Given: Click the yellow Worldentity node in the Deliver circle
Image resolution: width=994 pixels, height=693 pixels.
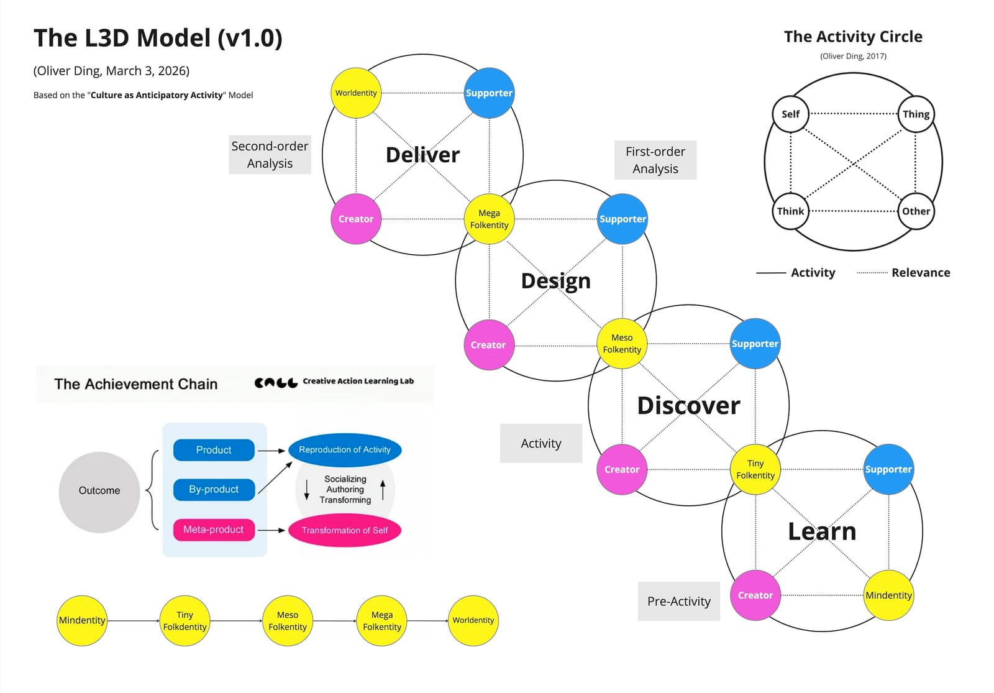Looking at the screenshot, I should pyautogui.click(x=356, y=93).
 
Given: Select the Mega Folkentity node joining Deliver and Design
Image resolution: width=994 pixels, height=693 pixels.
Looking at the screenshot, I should pyautogui.click(x=489, y=219).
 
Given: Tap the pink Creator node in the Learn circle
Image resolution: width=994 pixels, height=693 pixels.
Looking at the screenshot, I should pyautogui.click(x=755, y=595).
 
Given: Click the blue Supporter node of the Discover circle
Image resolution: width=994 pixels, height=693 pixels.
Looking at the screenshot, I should pyautogui.click(x=755, y=344).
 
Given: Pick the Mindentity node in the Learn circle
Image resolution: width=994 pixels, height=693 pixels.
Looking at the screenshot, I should pyautogui.click(x=888, y=595).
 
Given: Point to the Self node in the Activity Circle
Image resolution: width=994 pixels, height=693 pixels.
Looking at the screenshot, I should pyautogui.click(x=790, y=114).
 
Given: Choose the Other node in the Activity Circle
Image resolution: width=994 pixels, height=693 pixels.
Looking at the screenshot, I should pyautogui.click(x=916, y=211).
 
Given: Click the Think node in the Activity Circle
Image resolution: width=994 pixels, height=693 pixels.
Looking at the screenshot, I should pyautogui.click(x=790, y=211).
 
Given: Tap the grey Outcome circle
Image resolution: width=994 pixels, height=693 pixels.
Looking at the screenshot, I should pyautogui.click(x=99, y=491).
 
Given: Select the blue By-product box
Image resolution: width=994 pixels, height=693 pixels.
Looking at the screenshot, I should pyautogui.click(x=214, y=490).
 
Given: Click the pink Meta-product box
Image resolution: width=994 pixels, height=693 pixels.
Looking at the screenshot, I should pyautogui.click(x=214, y=530).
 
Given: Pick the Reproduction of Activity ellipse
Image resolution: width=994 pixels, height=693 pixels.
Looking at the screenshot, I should pyautogui.click(x=345, y=450).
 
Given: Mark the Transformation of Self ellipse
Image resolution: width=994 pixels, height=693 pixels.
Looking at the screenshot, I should pyautogui.click(x=345, y=530).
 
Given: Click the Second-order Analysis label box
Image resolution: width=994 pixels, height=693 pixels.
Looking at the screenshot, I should pyautogui.click(x=270, y=155).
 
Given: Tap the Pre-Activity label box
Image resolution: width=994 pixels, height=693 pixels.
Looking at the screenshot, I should pyautogui.click(x=678, y=601).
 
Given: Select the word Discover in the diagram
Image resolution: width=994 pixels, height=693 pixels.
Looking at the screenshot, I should pyautogui.click(x=688, y=406).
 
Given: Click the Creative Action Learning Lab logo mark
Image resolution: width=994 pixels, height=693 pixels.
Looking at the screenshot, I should pyautogui.click(x=276, y=382).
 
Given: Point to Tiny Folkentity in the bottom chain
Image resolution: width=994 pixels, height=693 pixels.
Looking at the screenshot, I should pyautogui.click(x=185, y=621).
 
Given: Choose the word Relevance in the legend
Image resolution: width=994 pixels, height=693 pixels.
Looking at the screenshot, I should pyautogui.click(x=921, y=273).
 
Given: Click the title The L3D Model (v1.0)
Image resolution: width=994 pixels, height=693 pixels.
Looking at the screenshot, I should pyautogui.click(x=158, y=39).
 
